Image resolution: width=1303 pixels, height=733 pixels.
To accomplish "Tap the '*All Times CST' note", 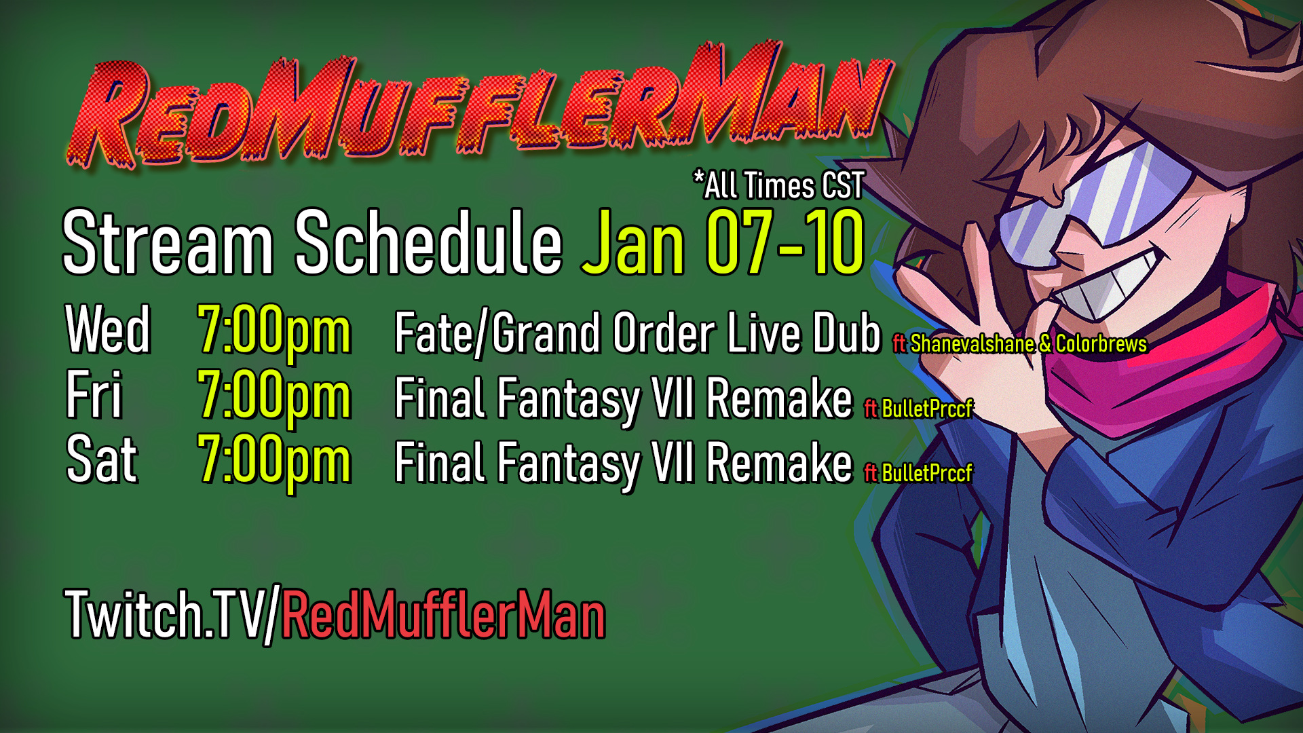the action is tap(778, 185).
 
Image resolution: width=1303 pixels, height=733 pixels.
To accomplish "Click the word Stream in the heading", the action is tap(168, 242).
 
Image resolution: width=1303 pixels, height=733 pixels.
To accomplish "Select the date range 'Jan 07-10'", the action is tap(723, 242).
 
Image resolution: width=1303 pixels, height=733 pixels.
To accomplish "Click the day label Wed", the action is tap(107, 330).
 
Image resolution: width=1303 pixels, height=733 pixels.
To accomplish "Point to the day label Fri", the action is tap(94, 394).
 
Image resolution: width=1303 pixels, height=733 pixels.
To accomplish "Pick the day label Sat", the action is tap(102, 459).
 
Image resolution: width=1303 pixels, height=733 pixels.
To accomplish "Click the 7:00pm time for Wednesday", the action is tap(274, 333).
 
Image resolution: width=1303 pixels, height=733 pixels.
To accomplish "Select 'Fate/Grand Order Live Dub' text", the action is tap(637, 333).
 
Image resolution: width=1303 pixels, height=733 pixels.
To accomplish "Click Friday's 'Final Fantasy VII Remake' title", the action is tap(623, 399).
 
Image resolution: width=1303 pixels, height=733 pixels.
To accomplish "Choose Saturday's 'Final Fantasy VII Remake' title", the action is tap(623, 464).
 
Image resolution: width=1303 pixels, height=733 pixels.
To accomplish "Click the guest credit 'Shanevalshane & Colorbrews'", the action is tap(1028, 343).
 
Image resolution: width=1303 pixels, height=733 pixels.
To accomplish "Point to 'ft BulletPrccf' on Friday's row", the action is tap(918, 408).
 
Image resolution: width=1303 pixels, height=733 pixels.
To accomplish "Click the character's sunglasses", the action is tap(1093, 200).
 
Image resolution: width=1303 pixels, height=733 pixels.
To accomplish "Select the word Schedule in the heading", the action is tap(428, 242).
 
